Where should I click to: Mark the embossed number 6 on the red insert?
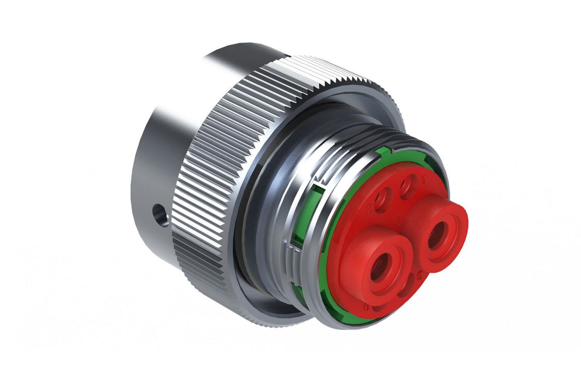click(x=367, y=307)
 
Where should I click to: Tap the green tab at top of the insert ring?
click(x=384, y=152)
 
